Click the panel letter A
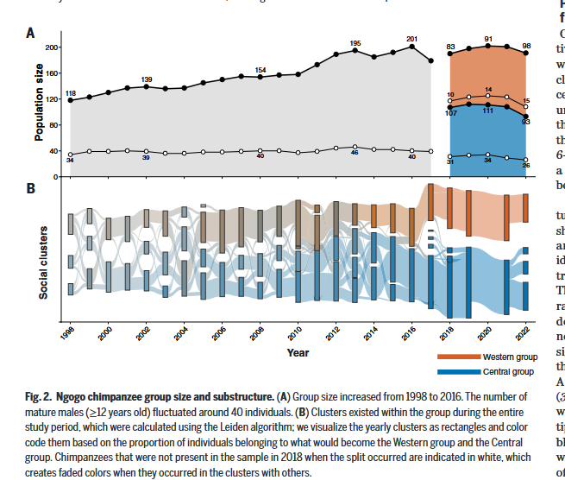30,34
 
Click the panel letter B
30,187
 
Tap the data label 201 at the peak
411,38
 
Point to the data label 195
355,43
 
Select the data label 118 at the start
70,92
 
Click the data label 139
147,79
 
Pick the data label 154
261,70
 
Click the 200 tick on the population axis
52,47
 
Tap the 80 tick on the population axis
54,125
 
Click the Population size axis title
40,106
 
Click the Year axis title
298,352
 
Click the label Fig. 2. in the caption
41,396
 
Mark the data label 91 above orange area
488,39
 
